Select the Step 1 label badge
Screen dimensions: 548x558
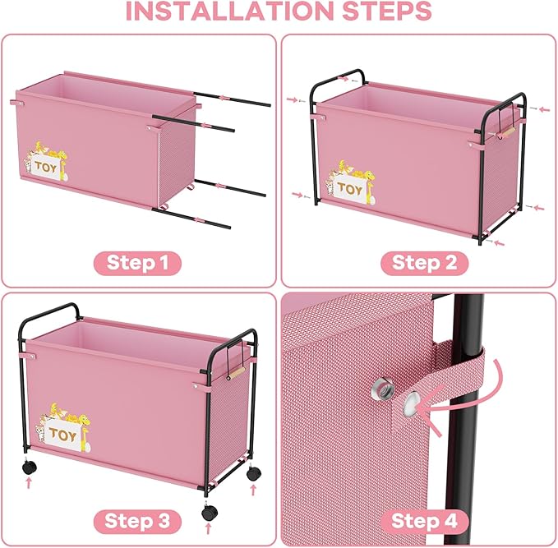click(137, 263)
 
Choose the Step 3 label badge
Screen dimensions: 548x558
click(137, 521)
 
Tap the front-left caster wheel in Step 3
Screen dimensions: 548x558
click(30, 467)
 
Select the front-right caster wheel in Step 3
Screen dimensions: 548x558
click(210, 510)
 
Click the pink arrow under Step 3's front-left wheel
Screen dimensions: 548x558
click(30, 485)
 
